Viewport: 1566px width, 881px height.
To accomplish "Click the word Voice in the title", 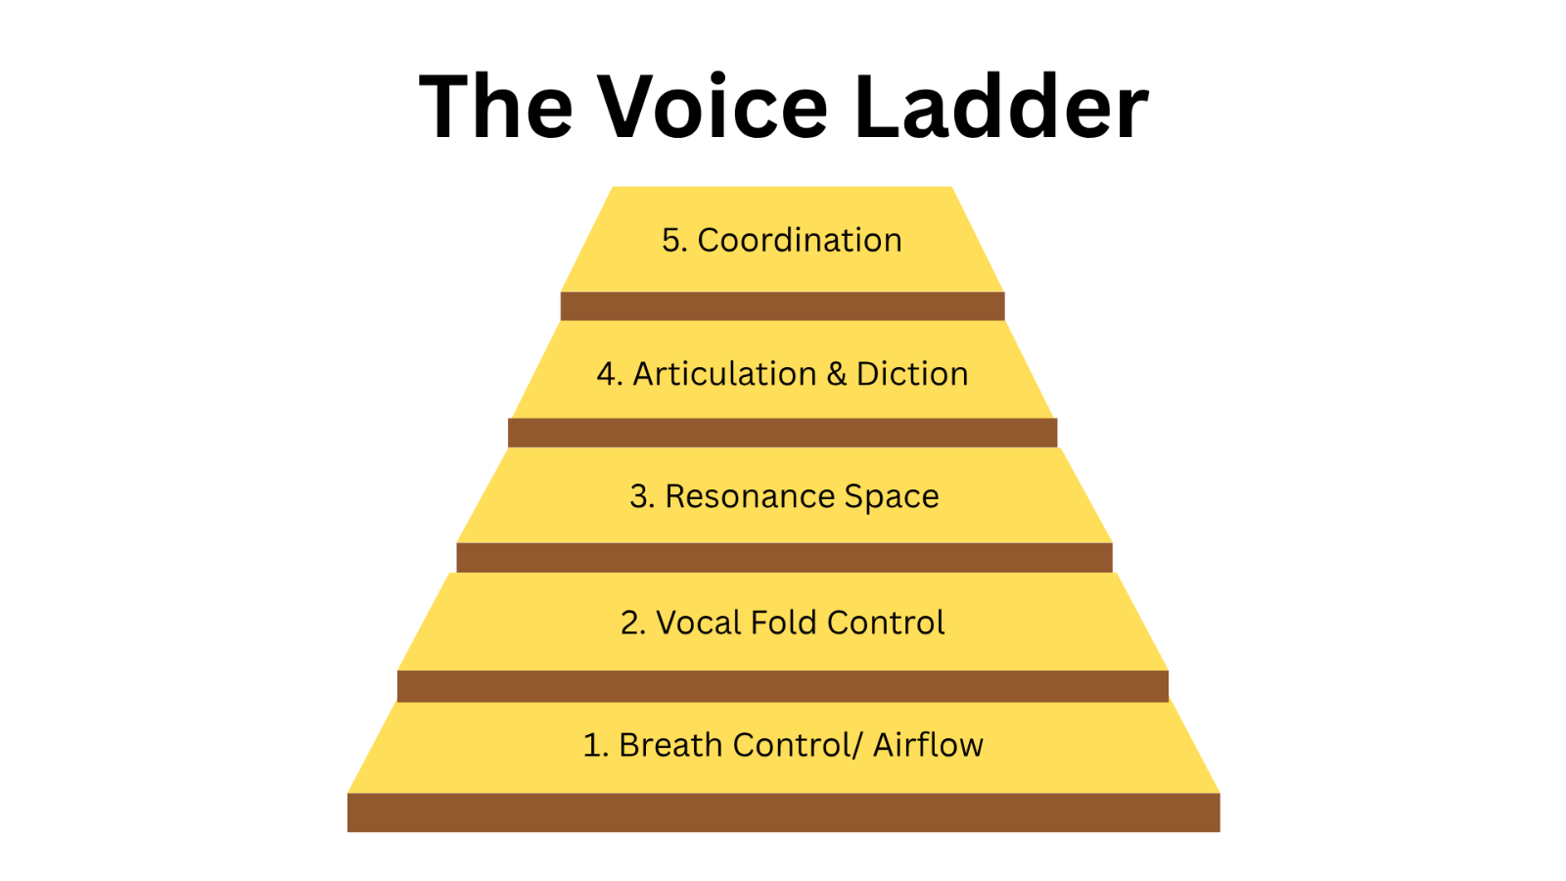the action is click(x=714, y=107).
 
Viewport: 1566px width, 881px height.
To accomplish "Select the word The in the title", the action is click(x=495, y=107).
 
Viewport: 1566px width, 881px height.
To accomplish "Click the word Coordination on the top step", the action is click(x=800, y=240).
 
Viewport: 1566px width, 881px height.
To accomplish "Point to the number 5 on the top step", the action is click(x=670, y=241).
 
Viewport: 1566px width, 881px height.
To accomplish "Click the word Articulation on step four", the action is click(x=725, y=373).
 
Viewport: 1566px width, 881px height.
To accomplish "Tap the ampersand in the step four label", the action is click(x=836, y=374).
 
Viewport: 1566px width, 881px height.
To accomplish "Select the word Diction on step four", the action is click(x=912, y=373).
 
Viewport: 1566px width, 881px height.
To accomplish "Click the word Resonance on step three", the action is click(x=750, y=496).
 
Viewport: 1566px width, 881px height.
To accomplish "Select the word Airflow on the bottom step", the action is click(x=929, y=745).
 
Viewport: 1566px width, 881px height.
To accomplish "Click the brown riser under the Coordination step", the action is click(x=782, y=306).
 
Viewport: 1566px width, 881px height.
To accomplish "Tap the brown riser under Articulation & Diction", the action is click(x=782, y=433).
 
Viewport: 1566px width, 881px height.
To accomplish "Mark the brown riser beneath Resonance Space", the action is click(x=784, y=558).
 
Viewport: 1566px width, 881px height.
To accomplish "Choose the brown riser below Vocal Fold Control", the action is click(x=783, y=686).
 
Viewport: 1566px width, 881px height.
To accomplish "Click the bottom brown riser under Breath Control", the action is click(x=784, y=812).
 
